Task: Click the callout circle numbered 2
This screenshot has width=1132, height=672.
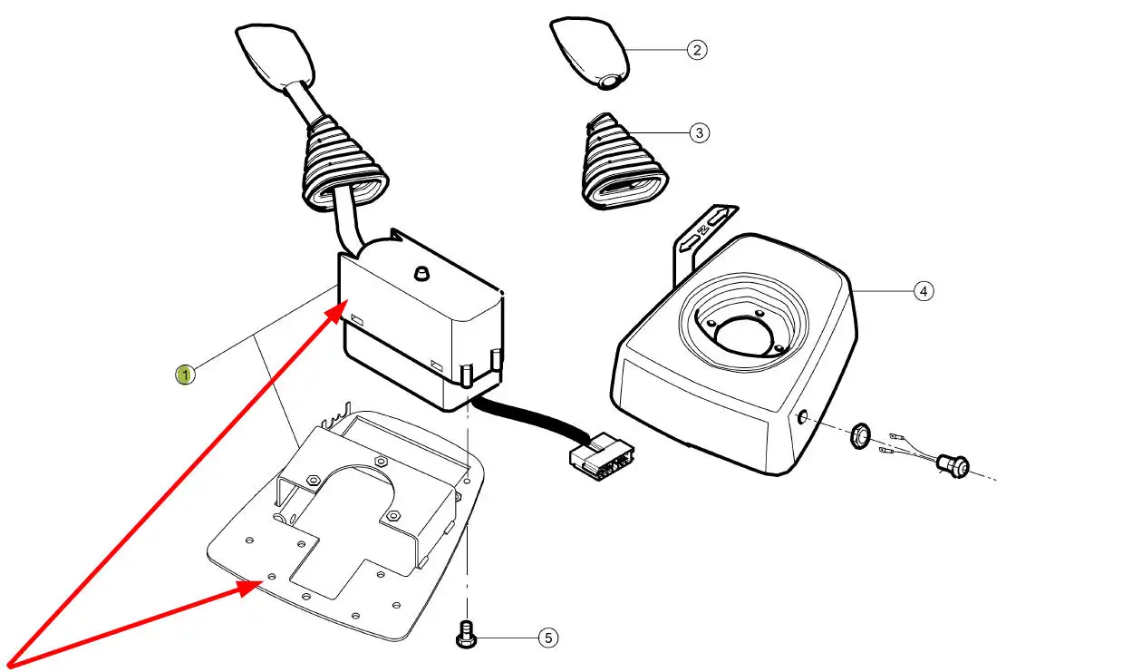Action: pos(695,49)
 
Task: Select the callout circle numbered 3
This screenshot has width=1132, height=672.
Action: pos(698,132)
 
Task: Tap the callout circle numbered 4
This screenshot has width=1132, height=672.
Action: pos(922,291)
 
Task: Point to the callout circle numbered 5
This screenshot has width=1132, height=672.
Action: pos(547,638)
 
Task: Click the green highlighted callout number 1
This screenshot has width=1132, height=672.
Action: pos(185,374)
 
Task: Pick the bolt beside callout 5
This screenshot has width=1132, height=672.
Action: pos(466,636)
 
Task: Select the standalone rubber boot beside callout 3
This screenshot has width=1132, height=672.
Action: pos(624,163)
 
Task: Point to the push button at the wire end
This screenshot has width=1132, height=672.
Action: pos(953,466)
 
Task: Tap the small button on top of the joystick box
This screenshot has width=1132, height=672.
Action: pos(420,272)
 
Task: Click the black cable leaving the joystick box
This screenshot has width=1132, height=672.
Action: pos(526,419)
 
